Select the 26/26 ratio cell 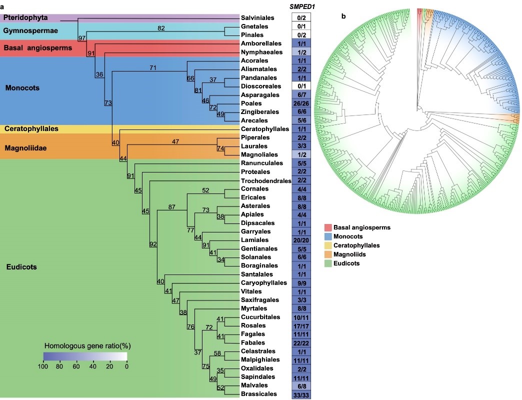[x=301, y=103]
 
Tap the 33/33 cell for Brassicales [x=301, y=394]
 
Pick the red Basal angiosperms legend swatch [x=328, y=227]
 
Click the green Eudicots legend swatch [x=328, y=263]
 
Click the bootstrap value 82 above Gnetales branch [x=161, y=28]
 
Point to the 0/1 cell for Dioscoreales [x=301, y=86]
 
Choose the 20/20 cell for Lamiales [x=301, y=240]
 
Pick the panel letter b [x=343, y=16]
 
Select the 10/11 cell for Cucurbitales [x=301, y=317]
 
